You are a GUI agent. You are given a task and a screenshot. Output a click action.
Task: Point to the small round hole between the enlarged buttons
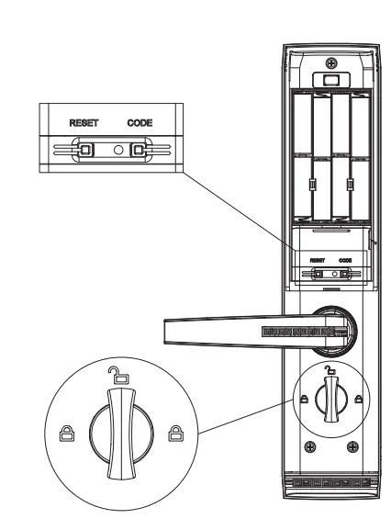pyautogui.click(x=112, y=148)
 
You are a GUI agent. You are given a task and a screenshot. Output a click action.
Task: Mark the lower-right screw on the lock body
pyautogui.click(x=352, y=447)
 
